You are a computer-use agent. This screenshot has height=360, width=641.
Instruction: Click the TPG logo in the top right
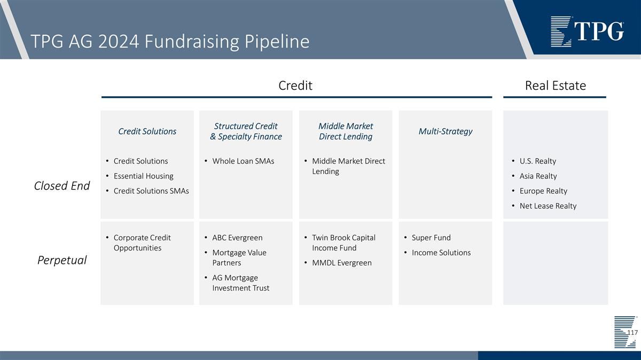pos(587,32)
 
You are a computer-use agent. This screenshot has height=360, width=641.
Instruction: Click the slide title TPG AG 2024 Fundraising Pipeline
pos(170,41)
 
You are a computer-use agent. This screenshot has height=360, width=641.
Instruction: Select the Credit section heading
pos(295,85)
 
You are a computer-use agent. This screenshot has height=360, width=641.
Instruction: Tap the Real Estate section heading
pos(555,85)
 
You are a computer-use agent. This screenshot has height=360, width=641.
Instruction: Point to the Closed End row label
pos(62,185)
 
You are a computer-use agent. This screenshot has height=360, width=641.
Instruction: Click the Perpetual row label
pos(62,260)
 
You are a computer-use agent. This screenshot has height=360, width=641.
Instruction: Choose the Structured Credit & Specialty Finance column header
pos(246,131)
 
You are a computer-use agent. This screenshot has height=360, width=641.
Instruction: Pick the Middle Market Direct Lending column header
pos(346,131)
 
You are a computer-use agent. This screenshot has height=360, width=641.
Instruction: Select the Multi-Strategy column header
pos(445,131)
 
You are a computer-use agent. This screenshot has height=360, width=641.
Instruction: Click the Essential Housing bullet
pos(143,176)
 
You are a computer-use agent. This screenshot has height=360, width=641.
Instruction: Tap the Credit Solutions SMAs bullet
pos(151,191)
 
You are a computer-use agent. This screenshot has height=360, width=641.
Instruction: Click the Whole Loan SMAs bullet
pos(243,161)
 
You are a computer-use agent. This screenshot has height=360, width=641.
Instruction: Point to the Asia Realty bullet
pos(538,176)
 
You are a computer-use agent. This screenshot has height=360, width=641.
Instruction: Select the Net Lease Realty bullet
pos(548,206)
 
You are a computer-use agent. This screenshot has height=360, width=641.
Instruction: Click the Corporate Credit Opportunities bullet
pos(142,242)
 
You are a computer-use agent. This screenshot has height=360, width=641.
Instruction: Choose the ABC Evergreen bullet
pos(237,238)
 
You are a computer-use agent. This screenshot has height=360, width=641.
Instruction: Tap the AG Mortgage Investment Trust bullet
pos(240,283)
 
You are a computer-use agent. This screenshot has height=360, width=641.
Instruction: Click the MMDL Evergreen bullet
pos(341,263)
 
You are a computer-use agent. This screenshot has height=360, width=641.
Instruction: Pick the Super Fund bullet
pos(431,238)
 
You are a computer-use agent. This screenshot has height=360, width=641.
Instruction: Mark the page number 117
pos(632,332)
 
